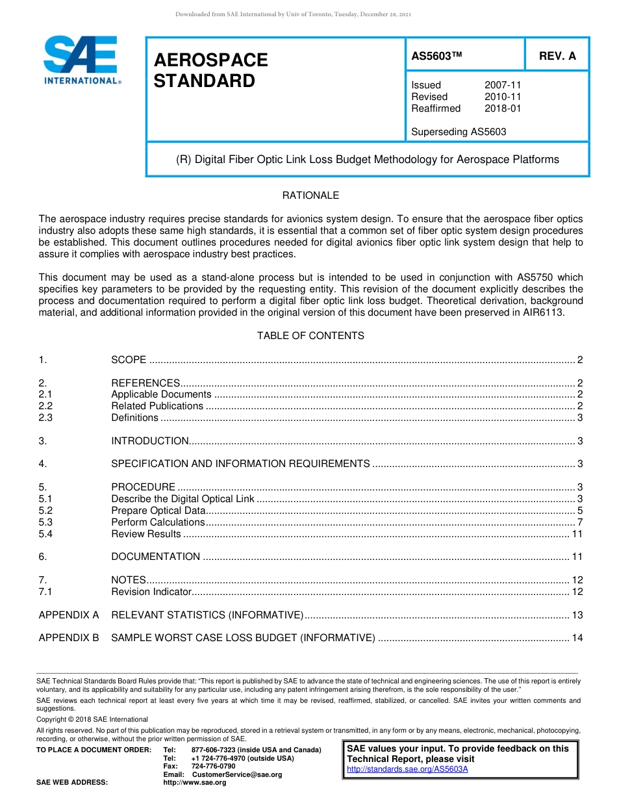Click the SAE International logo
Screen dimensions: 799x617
81,60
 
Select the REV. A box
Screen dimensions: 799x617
557,56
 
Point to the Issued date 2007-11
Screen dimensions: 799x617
502,85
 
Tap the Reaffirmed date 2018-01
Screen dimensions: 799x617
502,108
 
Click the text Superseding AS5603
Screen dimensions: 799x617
459,132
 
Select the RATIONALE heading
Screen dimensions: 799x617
310,196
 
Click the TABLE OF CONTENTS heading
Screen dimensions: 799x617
310,336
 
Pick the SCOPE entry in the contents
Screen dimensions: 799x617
129,360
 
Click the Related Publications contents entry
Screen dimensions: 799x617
157,406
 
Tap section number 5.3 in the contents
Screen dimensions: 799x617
45,522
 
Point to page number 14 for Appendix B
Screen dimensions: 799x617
577,638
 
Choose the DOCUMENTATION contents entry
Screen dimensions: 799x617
156,557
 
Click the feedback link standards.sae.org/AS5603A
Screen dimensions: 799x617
407,769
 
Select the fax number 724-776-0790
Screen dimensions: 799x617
214,767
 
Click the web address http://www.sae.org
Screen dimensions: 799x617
195,782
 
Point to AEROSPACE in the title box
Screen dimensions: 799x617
210,60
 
